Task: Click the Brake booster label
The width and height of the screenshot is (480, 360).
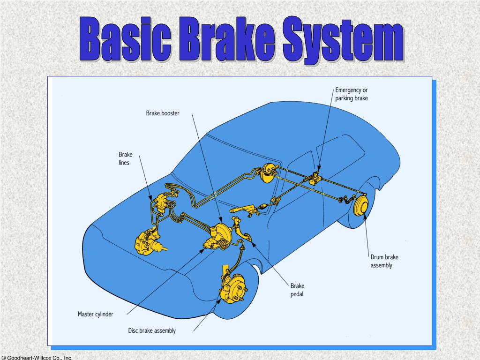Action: point(163,113)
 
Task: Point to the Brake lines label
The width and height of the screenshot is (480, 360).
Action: point(125,158)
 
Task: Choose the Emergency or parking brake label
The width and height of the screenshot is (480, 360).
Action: point(352,94)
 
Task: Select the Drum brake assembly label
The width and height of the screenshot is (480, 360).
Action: point(384,261)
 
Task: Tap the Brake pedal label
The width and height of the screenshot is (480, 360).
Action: point(297,290)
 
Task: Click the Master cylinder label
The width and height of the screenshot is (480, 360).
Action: point(95,314)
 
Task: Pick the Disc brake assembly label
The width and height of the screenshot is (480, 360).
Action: point(152,330)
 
